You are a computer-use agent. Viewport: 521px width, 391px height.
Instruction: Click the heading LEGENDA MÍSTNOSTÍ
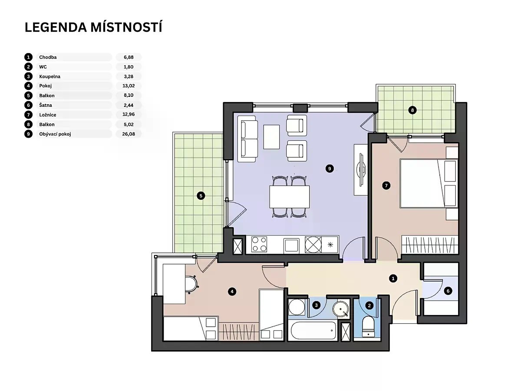point(93,27)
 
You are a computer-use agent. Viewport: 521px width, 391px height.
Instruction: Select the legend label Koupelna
point(49,76)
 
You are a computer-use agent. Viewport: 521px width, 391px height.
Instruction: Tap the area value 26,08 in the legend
point(129,134)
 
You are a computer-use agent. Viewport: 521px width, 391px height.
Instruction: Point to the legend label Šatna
point(45,105)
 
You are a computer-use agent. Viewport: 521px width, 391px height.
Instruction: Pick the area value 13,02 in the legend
point(129,86)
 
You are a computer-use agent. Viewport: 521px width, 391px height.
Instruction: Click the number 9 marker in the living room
point(330,169)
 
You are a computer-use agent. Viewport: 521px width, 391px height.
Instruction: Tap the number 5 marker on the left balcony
point(201,196)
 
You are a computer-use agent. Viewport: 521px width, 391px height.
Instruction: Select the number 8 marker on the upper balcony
point(412,110)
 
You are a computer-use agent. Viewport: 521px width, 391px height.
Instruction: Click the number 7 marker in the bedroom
point(386,186)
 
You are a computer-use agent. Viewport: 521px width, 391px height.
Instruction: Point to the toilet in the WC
point(368,327)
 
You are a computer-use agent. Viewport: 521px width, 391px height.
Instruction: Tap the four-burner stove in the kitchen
point(259,244)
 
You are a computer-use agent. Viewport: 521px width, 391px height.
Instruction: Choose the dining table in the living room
point(289,197)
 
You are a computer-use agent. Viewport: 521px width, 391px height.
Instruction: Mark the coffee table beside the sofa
point(271,137)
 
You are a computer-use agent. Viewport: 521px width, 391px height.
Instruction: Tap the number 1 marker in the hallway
point(393,278)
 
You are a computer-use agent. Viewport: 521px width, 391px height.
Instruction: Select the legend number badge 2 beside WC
point(28,67)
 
